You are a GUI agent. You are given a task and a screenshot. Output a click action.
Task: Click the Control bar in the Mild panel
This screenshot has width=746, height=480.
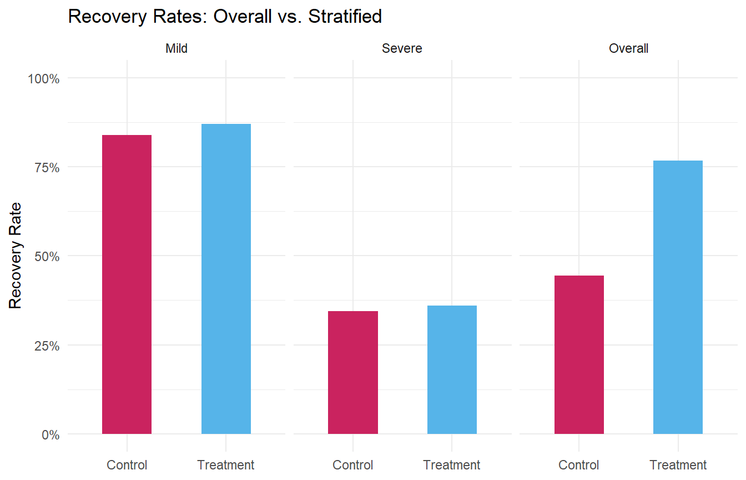(127, 284)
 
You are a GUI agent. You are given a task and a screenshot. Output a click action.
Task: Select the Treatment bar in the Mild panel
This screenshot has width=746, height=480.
(226, 279)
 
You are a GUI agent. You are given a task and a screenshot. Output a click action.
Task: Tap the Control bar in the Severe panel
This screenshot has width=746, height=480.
(353, 372)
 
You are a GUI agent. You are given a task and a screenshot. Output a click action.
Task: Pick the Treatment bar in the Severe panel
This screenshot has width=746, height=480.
(452, 369)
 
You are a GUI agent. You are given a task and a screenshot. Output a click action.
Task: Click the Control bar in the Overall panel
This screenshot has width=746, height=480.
(579, 354)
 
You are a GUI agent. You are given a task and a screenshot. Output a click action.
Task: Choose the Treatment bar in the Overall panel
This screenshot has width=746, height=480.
(678, 297)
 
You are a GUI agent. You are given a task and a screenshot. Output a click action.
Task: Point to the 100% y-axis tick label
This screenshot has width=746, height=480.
(43, 78)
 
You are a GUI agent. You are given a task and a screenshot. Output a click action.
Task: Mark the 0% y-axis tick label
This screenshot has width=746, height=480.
(50, 434)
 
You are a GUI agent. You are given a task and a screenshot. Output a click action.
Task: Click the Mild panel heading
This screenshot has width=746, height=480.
(177, 49)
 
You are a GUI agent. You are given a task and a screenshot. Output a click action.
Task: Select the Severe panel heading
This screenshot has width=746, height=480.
(402, 49)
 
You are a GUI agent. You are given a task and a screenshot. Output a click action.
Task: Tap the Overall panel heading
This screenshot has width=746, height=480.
(628, 49)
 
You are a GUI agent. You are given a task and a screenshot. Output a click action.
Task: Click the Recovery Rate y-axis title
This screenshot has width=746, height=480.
(16, 256)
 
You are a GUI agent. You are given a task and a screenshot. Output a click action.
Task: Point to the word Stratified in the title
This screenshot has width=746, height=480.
(345, 17)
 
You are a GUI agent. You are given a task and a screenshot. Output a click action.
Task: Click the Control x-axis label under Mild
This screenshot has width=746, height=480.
(127, 465)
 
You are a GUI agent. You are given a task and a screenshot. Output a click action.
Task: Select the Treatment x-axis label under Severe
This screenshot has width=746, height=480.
(452, 465)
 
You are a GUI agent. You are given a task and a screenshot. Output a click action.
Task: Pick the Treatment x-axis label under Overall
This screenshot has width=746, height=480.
(678, 465)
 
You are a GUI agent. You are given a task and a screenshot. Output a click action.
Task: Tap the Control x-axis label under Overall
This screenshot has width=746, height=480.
(579, 465)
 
